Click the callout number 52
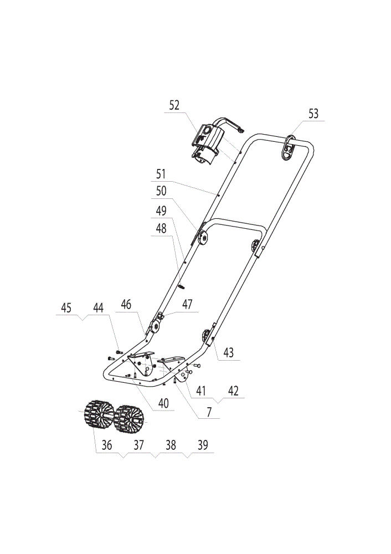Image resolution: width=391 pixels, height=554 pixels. point(174,105)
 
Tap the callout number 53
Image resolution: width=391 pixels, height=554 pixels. point(313,114)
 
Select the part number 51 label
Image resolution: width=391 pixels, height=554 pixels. point(161,174)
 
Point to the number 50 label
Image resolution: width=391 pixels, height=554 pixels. point(161,191)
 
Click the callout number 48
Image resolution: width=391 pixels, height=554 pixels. point(161,228)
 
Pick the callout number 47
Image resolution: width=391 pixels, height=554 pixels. point(188,304)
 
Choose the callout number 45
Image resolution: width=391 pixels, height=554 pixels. point(66,307)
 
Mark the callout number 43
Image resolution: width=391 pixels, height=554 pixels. point(229,352)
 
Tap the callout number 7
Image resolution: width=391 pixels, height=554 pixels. point(209,412)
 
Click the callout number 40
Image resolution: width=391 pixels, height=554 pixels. point(163,403)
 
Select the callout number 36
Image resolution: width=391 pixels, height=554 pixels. point(107,445)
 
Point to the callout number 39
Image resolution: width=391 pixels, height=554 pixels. point(203,445)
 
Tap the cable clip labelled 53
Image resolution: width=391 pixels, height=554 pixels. point(289,147)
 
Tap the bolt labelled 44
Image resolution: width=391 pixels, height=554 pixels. point(119,352)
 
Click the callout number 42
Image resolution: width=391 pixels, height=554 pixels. point(234,391)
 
